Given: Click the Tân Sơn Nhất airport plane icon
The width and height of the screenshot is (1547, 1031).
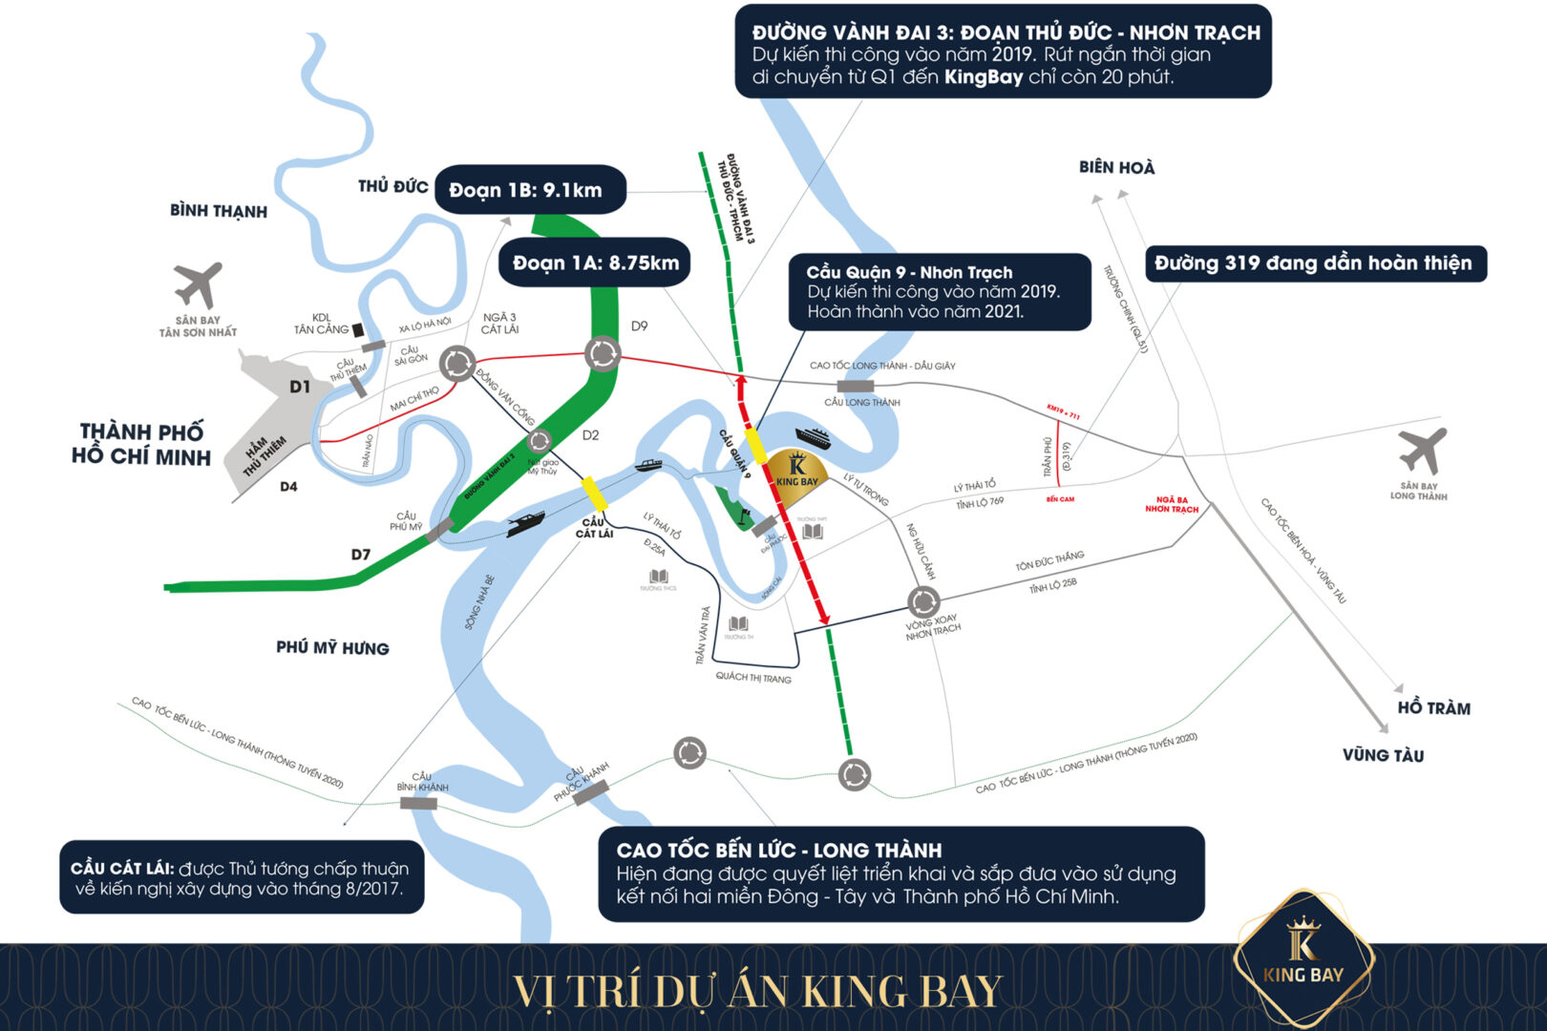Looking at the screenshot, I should [x=199, y=284].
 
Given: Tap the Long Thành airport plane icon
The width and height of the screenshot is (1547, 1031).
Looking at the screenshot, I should [x=1422, y=451].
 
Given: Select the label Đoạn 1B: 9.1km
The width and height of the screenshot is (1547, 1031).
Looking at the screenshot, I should [x=530, y=190].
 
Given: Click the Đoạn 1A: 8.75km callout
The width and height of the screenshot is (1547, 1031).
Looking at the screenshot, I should [x=595, y=263].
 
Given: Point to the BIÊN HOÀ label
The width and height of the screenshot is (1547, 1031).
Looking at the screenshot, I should [x=1116, y=168].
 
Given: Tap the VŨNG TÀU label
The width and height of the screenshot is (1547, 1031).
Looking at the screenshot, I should [x=1383, y=755].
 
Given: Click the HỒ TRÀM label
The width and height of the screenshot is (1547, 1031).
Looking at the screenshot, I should [x=1433, y=708].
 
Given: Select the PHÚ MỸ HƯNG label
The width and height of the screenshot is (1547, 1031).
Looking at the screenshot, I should [x=332, y=648].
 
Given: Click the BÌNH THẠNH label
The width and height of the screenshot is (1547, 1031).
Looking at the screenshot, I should [x=219, y=211].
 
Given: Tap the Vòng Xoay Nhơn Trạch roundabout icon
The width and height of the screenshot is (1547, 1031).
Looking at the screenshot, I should [x=922, y=601].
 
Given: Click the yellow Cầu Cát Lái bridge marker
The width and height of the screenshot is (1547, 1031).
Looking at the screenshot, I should [x=595, y=494].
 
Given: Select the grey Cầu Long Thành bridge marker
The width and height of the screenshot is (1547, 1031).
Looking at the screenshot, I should [x=855, y=386].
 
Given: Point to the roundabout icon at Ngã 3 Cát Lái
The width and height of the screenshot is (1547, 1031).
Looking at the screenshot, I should [x=457, y=363].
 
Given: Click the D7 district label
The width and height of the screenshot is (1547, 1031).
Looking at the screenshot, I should [x=360, y=555].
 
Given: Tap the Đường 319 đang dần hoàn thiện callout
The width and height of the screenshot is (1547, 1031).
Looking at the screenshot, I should [x=1315, y=263].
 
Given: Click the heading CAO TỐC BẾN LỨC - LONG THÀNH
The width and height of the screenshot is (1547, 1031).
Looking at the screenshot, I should [x=779, y=850].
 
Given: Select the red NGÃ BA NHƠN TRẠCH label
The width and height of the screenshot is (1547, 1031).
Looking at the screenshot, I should [x=1172, y=505].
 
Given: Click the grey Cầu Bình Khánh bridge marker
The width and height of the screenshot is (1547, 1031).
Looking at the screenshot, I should [x=418, y=804].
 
